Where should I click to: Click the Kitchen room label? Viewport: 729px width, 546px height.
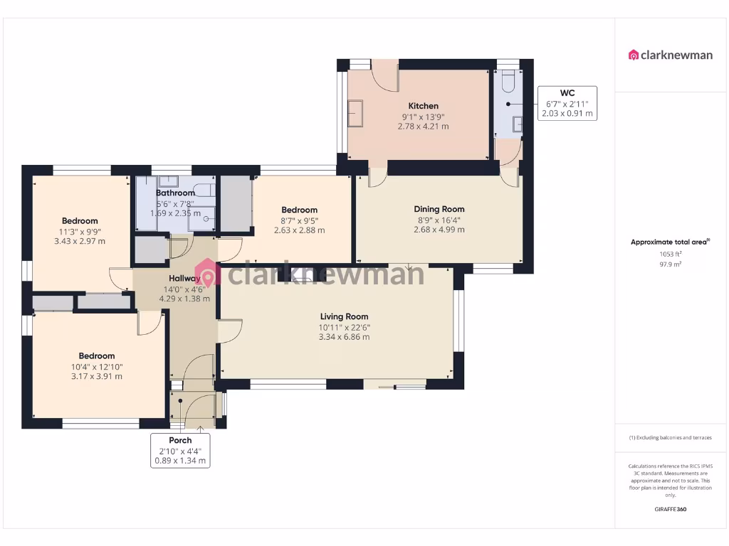[423, 106]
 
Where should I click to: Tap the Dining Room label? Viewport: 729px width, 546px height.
[439, 209]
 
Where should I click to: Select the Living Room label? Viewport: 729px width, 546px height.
[344, 316]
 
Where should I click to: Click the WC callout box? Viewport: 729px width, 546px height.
[567, 103]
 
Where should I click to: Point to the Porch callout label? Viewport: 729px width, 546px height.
[180, 450]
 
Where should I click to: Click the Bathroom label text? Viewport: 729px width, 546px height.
[175, 193]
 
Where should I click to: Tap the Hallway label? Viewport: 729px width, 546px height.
[184, 278]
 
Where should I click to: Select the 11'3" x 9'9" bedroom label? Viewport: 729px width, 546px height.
[80, 221]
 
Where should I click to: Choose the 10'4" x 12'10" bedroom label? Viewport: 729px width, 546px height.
[97, 356]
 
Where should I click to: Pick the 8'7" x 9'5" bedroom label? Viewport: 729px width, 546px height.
[299, 210]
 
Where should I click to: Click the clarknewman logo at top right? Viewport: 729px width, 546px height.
[670, 55]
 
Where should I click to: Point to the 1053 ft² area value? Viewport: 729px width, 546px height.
[670, 254]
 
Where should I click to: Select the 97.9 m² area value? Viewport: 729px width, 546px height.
[670, 264]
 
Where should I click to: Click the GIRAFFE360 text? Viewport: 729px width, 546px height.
[670, 509]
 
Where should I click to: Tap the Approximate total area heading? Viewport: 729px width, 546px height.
[669, 242]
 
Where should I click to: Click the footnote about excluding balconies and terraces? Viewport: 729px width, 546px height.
[670, 437]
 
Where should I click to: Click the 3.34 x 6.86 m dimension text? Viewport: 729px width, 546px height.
[344, 337]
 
